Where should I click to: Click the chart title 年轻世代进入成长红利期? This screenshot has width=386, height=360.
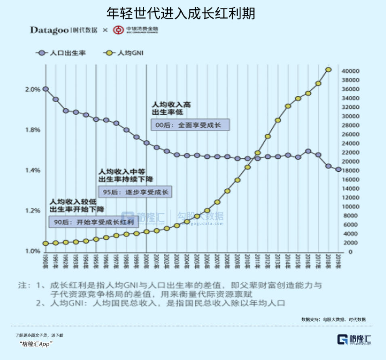pyautogui.click(x=180, y=13)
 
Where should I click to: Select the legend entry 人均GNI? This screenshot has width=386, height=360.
pyautogui.click(x=130, y=53)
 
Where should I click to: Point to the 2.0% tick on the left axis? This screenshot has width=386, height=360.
pyautogui.click(x=34, y=89)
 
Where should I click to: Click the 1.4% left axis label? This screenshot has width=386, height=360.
pyautogui.click(x=34, y=170)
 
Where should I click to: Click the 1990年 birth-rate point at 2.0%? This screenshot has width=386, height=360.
pyautogui.click(x=46, y=89)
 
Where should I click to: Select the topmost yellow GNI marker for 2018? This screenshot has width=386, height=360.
pyautogui.click(x=329, y=69)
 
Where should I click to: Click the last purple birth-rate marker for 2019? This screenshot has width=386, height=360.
pyautogui.click(x=338, y=170)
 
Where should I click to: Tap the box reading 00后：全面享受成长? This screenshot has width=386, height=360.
pyautogui.click(x=190, y=125)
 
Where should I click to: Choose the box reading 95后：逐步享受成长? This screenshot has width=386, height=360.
pyautogui.click(x=135, y=192)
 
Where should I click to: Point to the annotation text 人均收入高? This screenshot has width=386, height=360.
pyautogui.click(x=171, y=104)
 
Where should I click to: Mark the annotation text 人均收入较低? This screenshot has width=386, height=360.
pyautogui.click(x=72, y=201)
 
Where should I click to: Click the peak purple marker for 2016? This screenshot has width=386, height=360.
pyautogui.click(x=308, y=151)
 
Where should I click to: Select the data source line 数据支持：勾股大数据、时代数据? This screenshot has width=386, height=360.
pyautogui.click(x=333, y=319)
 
